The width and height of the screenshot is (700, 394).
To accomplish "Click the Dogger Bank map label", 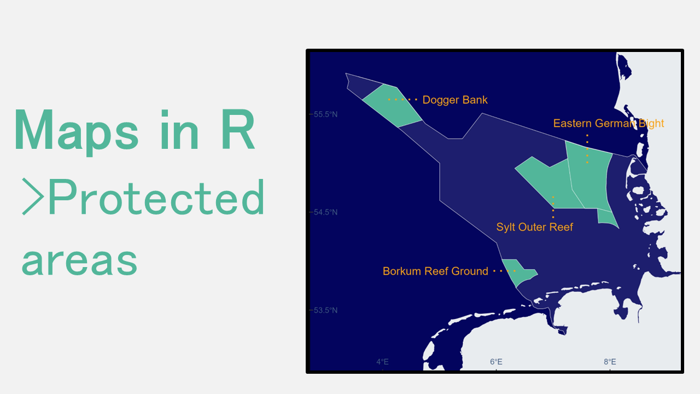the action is pos(454,100).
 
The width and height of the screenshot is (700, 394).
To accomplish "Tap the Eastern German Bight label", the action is pos(609,123).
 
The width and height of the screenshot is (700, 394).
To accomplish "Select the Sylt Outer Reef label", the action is pos(534,227).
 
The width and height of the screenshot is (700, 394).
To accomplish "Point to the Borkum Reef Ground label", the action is pos(435,271).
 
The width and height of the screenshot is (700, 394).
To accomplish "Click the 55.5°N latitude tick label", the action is pos(325,114).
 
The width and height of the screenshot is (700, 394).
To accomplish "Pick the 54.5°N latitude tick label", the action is pos(325,212).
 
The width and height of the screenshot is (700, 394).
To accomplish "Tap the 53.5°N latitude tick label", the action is pos(325,310).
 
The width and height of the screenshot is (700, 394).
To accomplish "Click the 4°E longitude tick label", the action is pos(382,362).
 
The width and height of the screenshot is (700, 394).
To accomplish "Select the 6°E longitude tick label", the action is pos(496,362).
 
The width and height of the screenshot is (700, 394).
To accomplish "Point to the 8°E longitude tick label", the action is pos(610,362).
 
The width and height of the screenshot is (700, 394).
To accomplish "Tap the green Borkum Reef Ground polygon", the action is pos(519,273).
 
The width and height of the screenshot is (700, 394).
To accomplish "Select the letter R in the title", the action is pos(238,130).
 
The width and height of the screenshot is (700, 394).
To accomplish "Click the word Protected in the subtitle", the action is pos(156,197).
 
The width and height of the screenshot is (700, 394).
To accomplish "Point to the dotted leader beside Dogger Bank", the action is pos(402,100).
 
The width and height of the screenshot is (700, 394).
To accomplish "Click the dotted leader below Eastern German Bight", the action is pos(587,149).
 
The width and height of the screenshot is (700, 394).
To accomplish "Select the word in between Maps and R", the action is pos(179,130).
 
